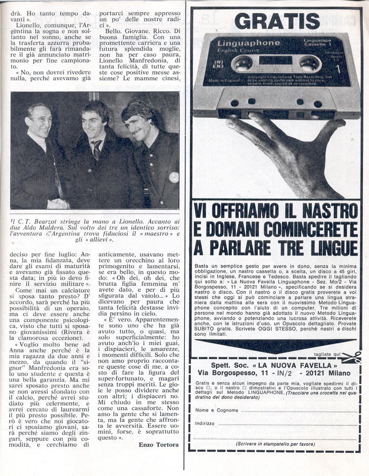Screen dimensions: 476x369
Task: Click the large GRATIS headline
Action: coord(277,21)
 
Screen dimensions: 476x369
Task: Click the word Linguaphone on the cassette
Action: coord(248,43)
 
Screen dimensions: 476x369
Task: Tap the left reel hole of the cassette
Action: coord(242,64)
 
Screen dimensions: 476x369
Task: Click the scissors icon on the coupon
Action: coord(352,357)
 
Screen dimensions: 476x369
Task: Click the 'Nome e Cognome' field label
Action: coord(217,410)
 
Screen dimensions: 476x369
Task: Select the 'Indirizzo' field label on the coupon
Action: coord(205,424)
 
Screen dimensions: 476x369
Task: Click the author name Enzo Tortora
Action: coord(158,445)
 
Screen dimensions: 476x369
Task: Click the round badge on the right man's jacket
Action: coord(174,177)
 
